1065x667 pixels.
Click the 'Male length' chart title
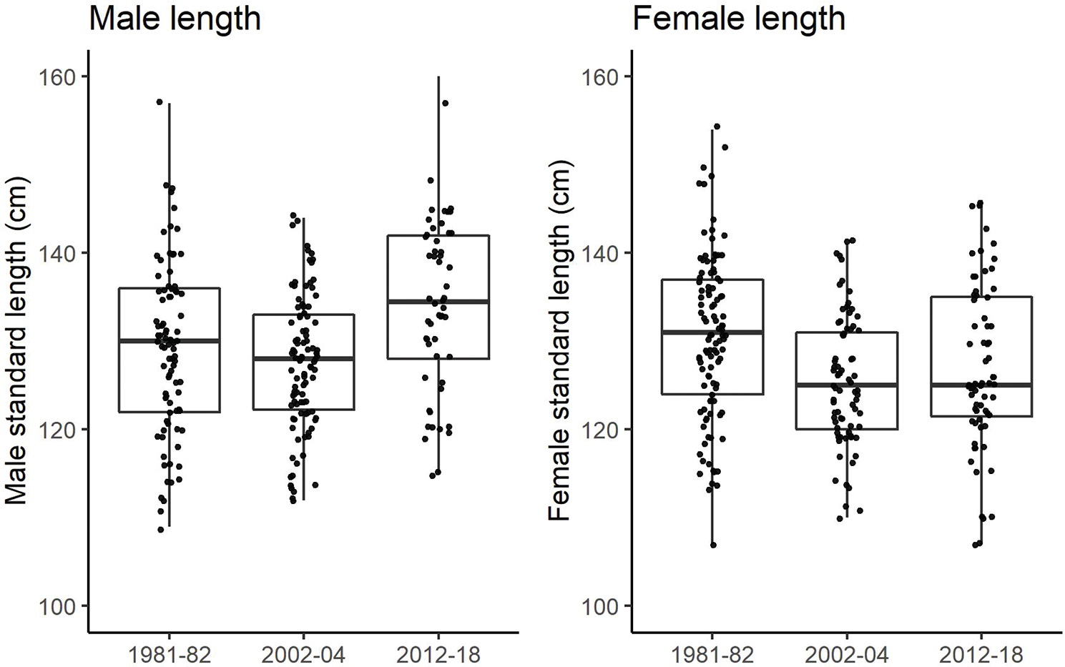(x=175, y=19)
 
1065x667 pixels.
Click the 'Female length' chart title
(x=739, y=19)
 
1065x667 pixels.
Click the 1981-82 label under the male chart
(x=170, y=654)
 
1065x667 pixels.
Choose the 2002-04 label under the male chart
(x=304, y=654)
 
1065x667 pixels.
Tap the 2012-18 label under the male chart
(x=438, y=654)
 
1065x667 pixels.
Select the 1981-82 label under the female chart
(x=712, y=654)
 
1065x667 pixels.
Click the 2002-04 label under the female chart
(x=847, y=654)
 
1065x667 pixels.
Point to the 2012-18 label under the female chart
(x=981, y=654)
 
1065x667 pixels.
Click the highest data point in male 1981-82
(x=159, y=102)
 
